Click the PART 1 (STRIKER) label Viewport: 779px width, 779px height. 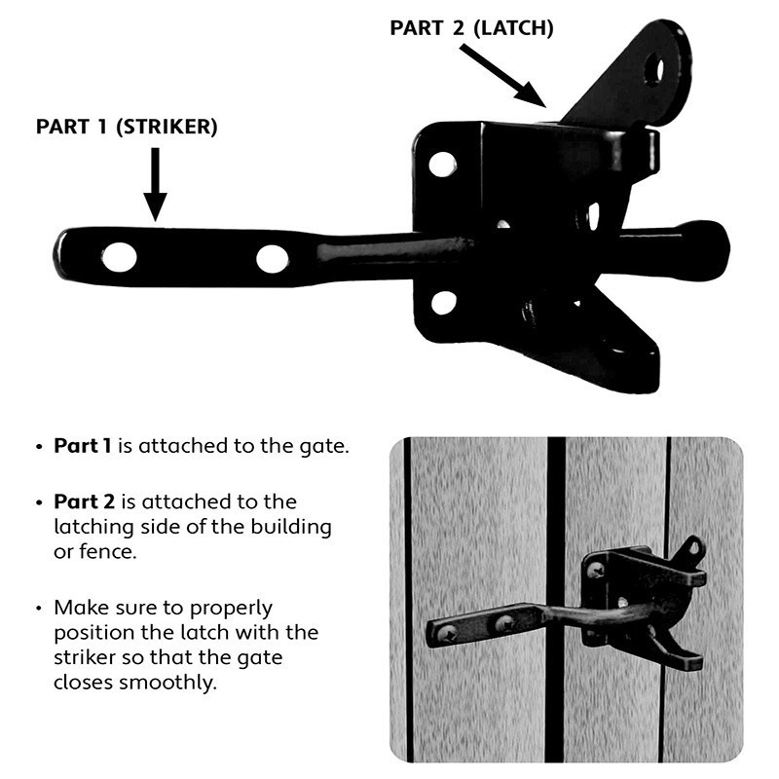coord(127,128)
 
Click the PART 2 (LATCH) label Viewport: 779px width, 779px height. coord(471,28)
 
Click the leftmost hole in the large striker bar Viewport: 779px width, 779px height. coord(119,257)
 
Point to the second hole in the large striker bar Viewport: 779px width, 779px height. coord(272,259)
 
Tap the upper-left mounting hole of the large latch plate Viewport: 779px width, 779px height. coord(442,164)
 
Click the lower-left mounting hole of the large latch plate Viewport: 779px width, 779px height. coord(443,303)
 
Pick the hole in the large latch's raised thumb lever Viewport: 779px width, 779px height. coord(654,69)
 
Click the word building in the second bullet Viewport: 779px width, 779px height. coord(291,528)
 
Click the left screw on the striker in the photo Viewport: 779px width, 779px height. coord(447,634)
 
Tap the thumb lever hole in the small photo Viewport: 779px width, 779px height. coord(692,550)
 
